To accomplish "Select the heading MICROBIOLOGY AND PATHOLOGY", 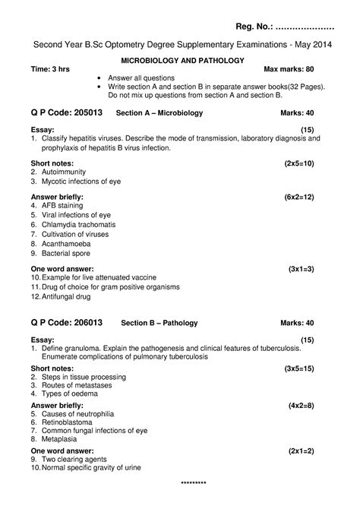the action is (179, 59).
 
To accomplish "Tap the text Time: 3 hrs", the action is (50, 69).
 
